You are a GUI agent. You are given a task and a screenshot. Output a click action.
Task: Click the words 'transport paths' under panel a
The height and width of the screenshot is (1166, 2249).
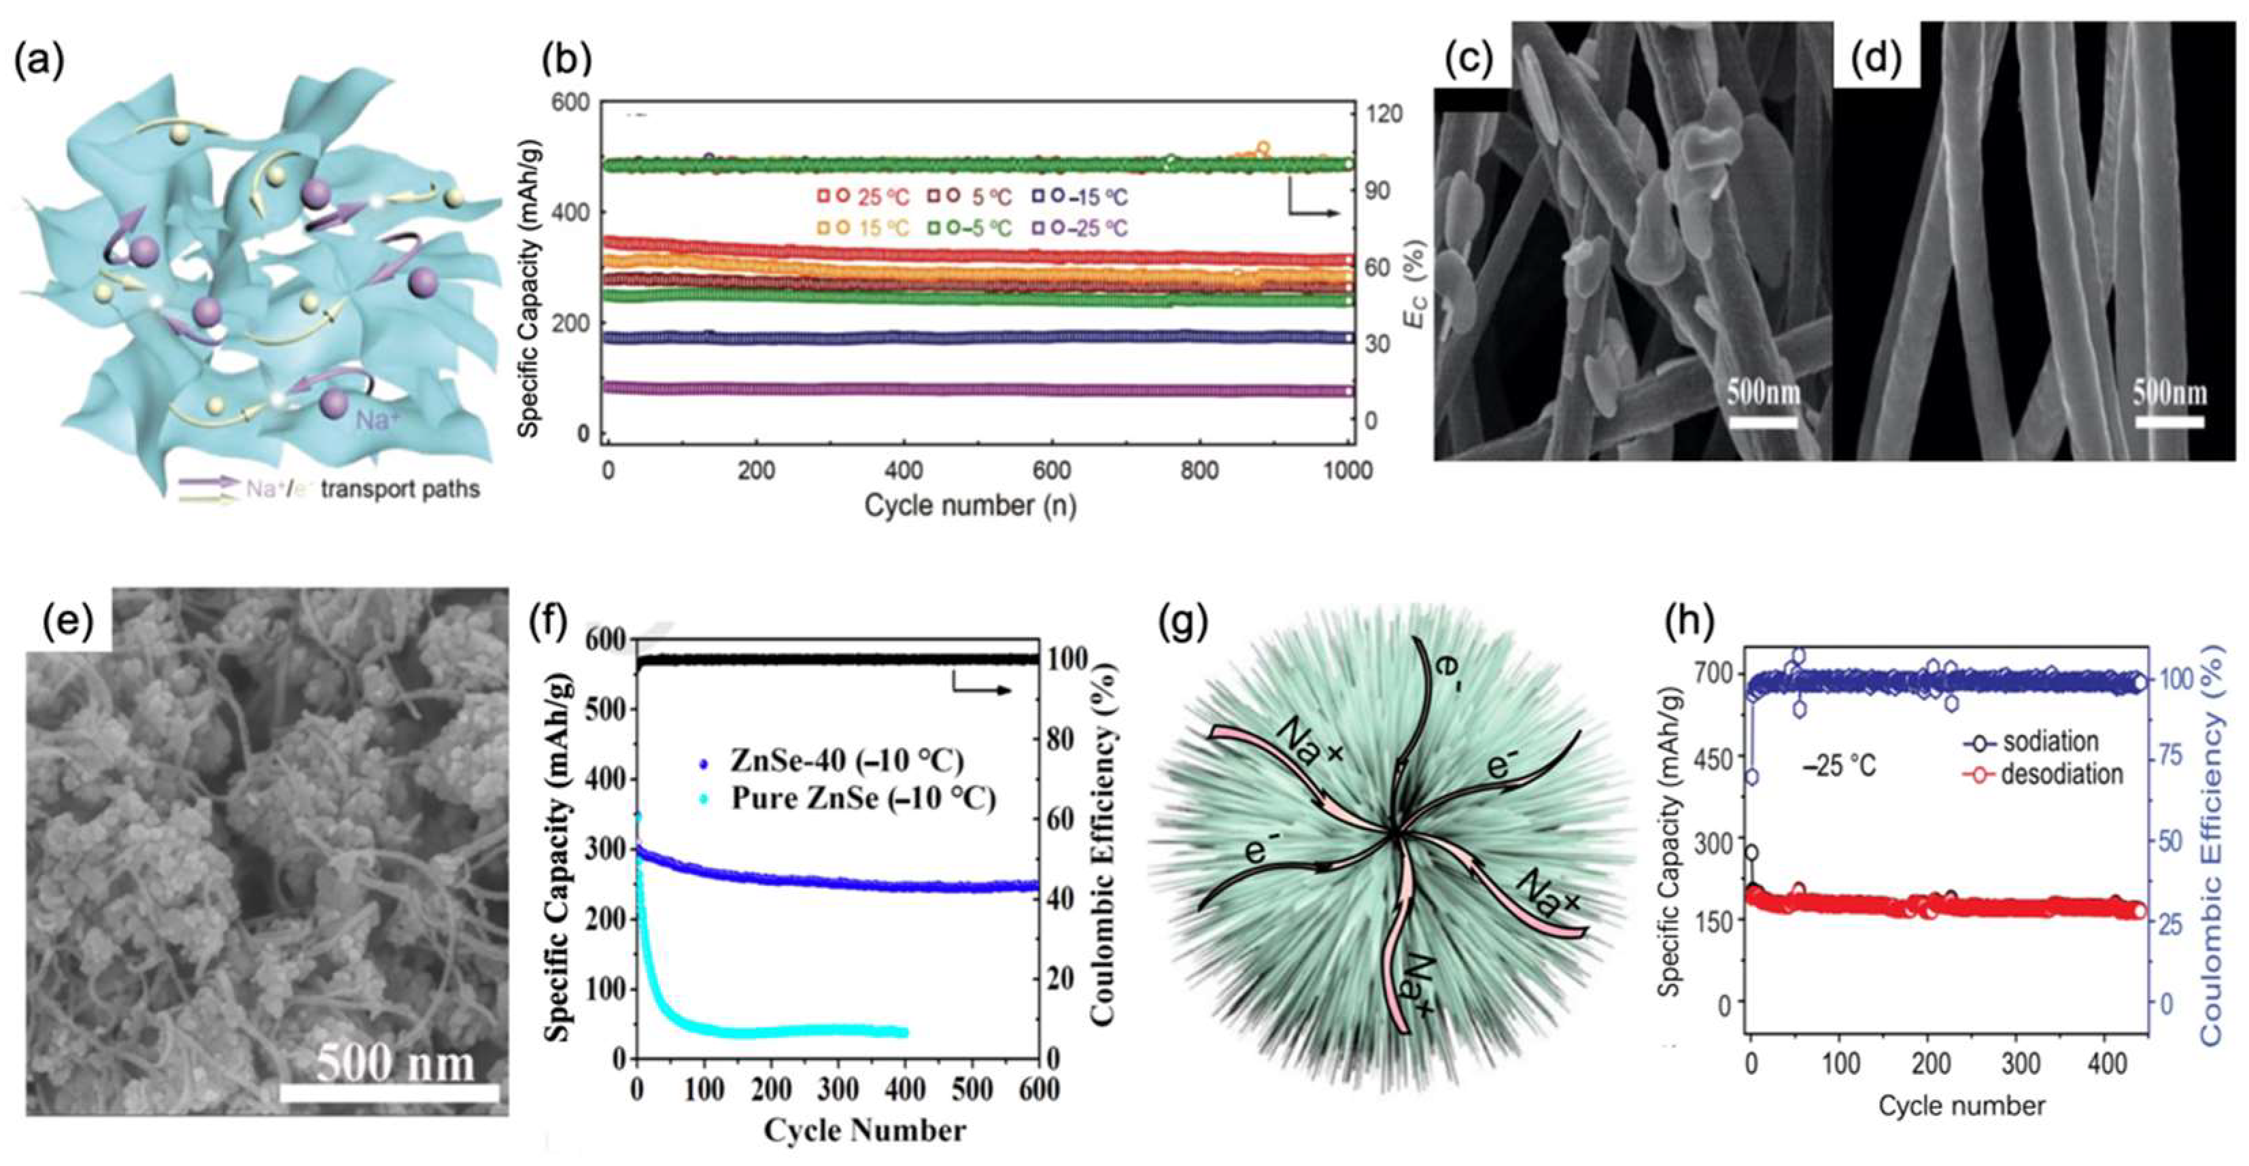click(400, 489)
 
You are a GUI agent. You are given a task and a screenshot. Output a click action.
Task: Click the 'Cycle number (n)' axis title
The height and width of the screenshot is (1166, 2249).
click(969, 505)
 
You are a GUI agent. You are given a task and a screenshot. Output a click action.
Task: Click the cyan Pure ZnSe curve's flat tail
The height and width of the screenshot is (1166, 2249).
click(829, 1031)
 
